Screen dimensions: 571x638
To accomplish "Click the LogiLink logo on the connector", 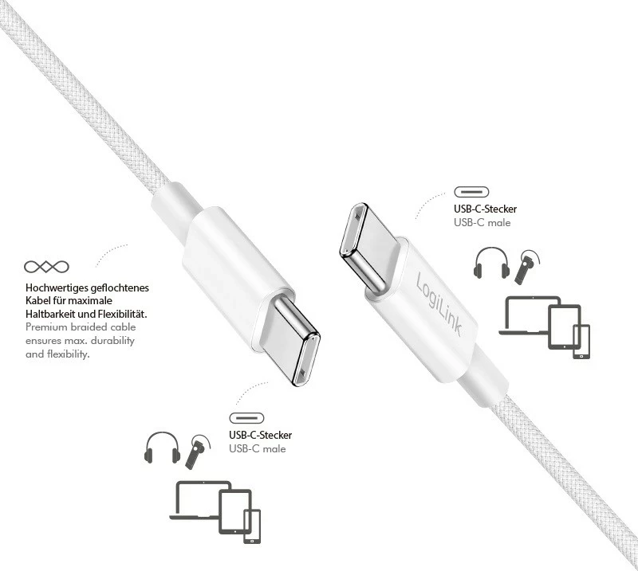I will coord(439,303).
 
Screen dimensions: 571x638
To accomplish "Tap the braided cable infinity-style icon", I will coord(46,266).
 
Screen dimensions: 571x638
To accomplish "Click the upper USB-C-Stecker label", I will coord(485,209).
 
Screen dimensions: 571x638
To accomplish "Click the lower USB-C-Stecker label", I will coord(260,435).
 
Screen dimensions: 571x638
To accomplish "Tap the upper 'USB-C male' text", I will coord(482,222).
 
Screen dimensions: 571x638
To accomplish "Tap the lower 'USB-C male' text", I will coord(257,448).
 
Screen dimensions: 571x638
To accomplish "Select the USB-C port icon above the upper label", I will coord(472,192).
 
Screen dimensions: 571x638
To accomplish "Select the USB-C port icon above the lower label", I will coord(246,418).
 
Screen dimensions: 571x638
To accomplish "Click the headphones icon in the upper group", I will coord(490,263).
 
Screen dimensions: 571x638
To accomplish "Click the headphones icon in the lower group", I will coord(161,448).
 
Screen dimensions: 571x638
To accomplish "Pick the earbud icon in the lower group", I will coord(197,452).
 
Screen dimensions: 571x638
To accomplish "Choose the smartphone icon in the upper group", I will coord(581,342).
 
